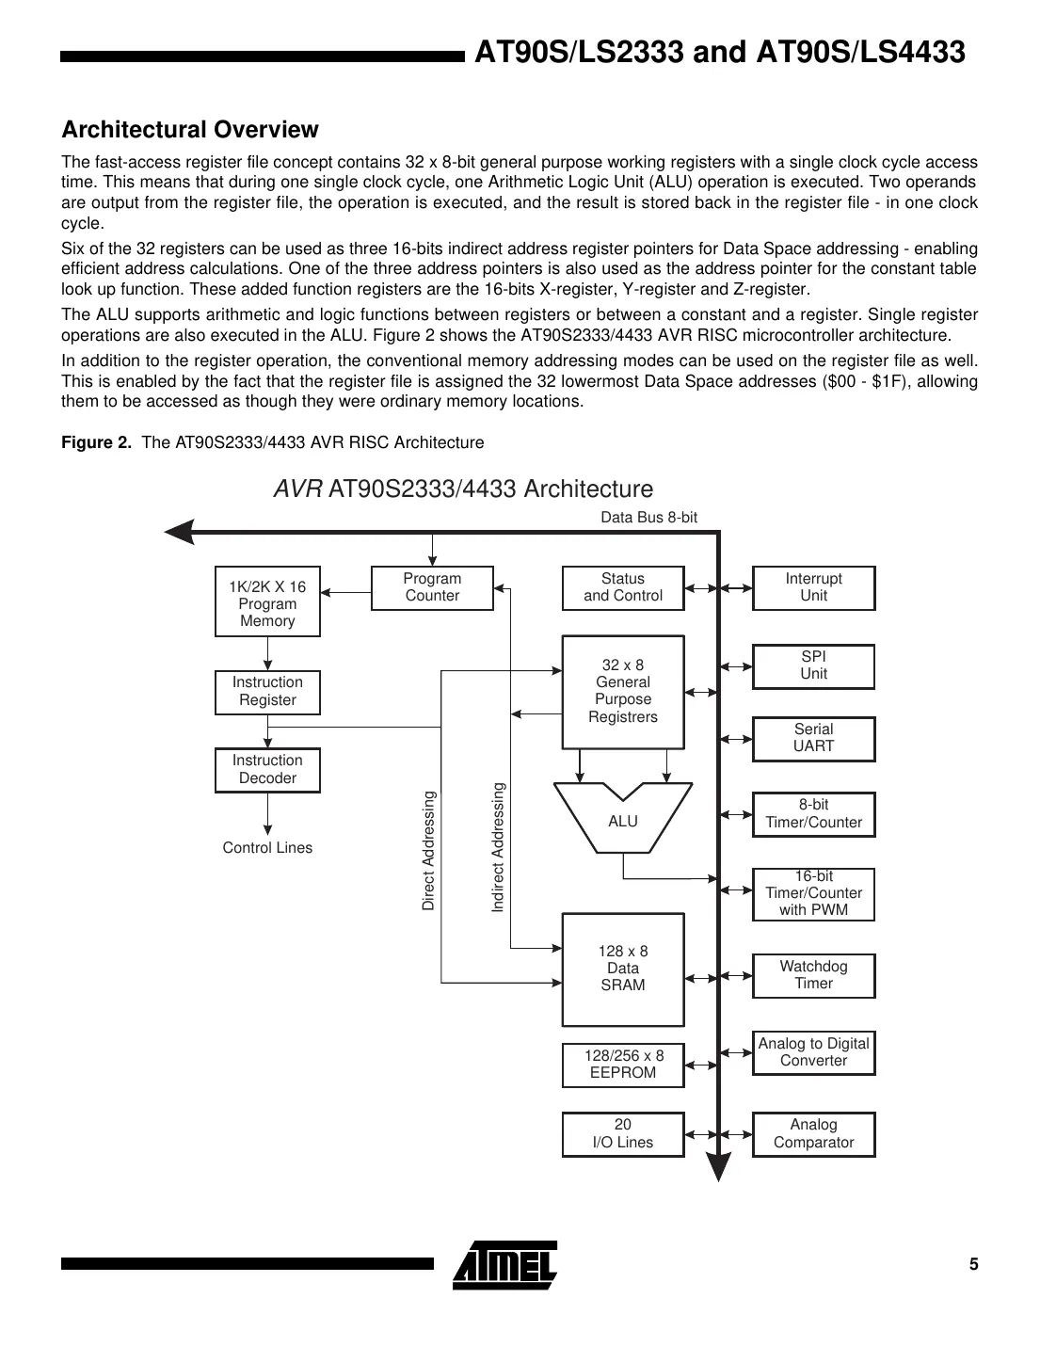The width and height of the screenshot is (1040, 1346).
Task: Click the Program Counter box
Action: [x=432, y=588]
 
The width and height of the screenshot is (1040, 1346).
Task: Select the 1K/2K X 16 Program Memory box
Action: [x=267, y=602]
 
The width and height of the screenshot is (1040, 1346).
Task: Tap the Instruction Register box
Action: [x=267, y=692]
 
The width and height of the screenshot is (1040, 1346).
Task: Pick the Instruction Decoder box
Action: [x=267, y=770]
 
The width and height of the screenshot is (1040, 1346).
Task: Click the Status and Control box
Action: [x=622, y=588]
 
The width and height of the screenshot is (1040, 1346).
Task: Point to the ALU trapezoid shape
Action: [x=622, y=820]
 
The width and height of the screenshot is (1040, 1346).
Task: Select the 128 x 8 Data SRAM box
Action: [x=622, y=969]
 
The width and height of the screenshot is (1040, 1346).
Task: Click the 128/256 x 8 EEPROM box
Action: [x=622, y=1065]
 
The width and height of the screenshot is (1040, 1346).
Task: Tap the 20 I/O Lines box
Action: [x=622, y=1134]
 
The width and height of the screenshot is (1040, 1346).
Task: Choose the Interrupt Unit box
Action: [x=813, y=588]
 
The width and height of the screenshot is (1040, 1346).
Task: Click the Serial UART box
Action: [x=813, y=739]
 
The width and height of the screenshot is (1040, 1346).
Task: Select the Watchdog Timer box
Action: [x=813, y=975]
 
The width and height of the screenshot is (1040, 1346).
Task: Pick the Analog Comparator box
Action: [x=813, y=1134]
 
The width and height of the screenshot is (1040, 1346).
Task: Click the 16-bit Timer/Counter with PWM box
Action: [x=813, y=894]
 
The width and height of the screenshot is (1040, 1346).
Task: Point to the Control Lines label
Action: [x=267, y=848]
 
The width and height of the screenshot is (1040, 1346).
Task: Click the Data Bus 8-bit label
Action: [x=648, y=517]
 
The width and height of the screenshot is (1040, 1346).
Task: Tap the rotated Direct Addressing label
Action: [x=429, y=851]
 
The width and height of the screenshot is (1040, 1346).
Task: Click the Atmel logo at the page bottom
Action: [x=505, y=1264]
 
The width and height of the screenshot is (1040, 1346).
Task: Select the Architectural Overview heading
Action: [x=190, y=130]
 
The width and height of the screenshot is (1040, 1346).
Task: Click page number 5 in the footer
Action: [x=974, y=1264]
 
